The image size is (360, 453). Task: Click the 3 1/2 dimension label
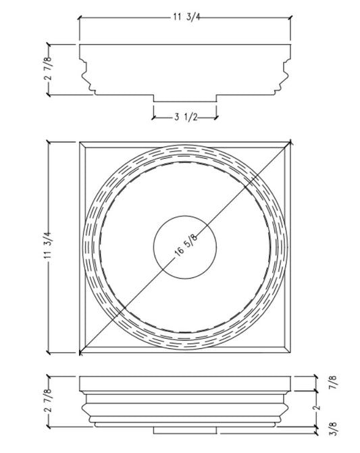(x=186, y=117)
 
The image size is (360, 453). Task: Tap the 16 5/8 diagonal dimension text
(x=186, y=245)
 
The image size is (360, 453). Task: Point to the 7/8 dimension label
(x=333, y=382)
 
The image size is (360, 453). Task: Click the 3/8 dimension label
(x=333, y=429)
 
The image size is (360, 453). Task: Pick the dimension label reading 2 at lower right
(x=317, y=407)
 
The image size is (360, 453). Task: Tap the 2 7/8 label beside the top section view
(x=48, y=68)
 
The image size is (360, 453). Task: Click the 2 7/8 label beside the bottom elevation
(x=48, y=400)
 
